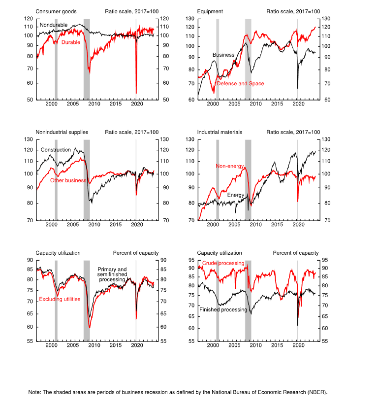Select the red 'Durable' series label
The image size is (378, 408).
click(70, 42)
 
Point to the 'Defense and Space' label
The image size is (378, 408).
click(240, 84)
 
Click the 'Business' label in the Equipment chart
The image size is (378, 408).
click(223, 55)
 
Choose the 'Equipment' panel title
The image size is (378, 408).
click(210, 11)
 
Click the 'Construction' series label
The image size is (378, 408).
click(56, 150)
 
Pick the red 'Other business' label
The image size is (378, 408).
click(68, 180)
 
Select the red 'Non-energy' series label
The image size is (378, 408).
click(229, 166)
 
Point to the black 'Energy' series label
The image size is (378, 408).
click(235, 195)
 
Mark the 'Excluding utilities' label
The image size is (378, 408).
click(60, 299)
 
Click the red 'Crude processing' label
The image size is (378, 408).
click(223, 263)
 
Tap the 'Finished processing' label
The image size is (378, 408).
click(223, 309)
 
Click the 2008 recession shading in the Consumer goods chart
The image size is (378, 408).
click(87, 59)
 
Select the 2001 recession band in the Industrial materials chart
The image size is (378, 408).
click(218, 180)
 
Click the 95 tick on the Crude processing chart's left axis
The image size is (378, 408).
click(191, 260)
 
